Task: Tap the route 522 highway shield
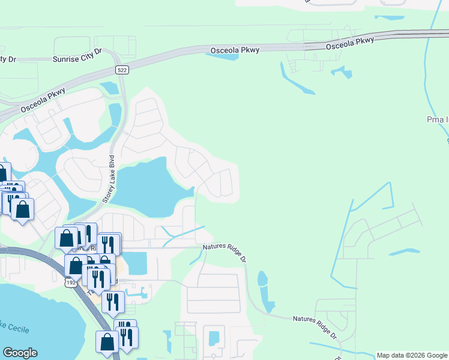tap(122, 70)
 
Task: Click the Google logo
tap(20, 353)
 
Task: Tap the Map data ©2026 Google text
tap(412, 355)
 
